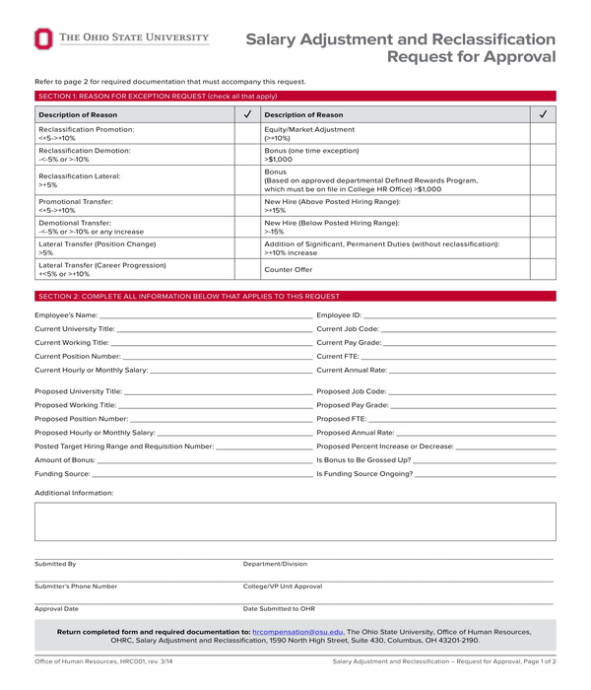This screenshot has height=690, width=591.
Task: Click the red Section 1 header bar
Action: (x=295, y=96)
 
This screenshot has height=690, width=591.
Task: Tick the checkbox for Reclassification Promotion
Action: (x=247, y=134)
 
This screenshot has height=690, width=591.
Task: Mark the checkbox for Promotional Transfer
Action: (x=247, y=205)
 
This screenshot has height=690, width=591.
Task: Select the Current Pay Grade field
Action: (x=470, y=342)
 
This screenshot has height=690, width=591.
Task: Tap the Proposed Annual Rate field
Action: (x=476, y=432)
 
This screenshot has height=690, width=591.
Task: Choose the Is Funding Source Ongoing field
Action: (x=486, y=473)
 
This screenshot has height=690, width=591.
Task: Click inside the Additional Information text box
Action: (x=295, y=521)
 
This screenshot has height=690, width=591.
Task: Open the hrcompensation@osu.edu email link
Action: (x=297, y=631)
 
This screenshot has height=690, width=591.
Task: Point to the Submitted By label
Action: (x=55, y=564)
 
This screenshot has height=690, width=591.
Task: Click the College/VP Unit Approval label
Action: (x=282, y=586)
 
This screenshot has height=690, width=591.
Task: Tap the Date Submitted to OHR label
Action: (x=279, y=609)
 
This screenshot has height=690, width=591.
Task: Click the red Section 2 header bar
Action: (x=295, y=296)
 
